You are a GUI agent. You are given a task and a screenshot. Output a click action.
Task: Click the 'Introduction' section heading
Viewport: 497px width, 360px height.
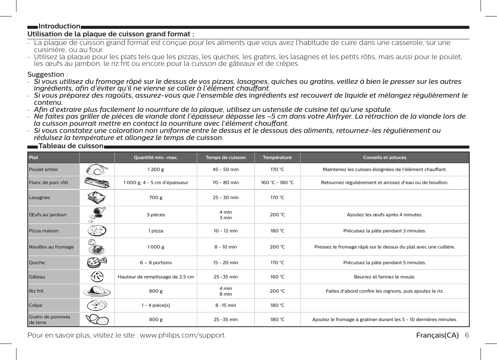[59, 26]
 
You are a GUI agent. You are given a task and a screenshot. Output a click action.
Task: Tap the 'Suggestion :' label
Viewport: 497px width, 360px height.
[48, 74]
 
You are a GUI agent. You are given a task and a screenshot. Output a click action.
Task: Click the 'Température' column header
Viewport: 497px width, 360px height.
[277, 158]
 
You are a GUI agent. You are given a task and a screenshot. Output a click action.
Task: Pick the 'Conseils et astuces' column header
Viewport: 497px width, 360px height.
[384, 158]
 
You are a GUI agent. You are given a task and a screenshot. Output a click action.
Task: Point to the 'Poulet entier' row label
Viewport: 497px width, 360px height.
[43, 170]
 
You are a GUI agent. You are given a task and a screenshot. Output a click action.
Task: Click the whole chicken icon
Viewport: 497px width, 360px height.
[97, 170]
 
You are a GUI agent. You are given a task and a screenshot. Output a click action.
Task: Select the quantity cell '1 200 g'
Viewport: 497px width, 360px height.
[156, 170]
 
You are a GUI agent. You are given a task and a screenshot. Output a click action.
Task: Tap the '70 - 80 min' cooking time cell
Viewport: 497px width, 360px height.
[225, 183]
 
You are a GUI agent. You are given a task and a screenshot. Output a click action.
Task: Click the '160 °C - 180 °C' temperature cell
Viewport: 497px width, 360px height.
[277, 183]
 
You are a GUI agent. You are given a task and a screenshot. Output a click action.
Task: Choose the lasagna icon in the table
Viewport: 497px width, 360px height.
[97, 197]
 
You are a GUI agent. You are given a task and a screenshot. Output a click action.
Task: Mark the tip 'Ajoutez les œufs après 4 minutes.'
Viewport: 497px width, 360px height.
[384, 215]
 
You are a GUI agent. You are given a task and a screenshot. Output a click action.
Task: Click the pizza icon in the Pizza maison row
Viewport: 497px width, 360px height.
[97, 231]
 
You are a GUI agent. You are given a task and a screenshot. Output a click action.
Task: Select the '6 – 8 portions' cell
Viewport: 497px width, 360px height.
[156, 263]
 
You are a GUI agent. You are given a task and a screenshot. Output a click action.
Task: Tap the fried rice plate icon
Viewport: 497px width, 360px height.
[97, 291]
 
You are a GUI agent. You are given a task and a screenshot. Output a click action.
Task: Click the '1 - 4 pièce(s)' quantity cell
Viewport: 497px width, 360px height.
[156, 305]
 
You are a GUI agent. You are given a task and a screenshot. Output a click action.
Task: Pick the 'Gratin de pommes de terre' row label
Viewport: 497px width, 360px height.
[49, 320]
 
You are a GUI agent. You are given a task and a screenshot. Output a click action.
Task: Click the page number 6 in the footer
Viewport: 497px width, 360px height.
[467, 335]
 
